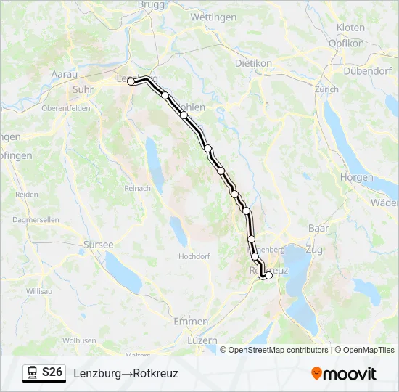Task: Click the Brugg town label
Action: pos(151,4)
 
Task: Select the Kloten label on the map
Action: pos(351,28)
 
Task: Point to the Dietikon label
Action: pos(253,63)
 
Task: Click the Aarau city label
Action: pos(64,74)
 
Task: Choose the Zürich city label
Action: pos(326,89)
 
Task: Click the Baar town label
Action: pos(318,228)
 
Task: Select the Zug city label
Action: pos(315,248)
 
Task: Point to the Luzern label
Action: pos(202,340)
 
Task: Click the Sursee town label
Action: pos(99,245)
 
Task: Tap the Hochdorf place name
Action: pos(194,256)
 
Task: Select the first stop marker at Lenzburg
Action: pos(131,82)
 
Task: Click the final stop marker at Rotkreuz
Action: pos(268,275)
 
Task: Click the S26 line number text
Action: pos(52,372)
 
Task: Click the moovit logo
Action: pos(344,373)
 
